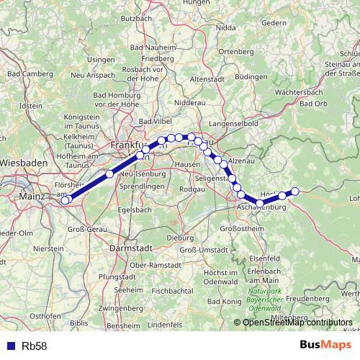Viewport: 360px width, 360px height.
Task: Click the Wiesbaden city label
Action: pyautogui.click(x=24, y=163)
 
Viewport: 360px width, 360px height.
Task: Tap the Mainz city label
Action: pyautogui.click(x=32, y=195)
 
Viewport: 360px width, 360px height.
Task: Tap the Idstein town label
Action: pyautogui.click(x=31, y=105)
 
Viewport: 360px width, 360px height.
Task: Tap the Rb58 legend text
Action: pyautogui.click(x=35, y=346)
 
